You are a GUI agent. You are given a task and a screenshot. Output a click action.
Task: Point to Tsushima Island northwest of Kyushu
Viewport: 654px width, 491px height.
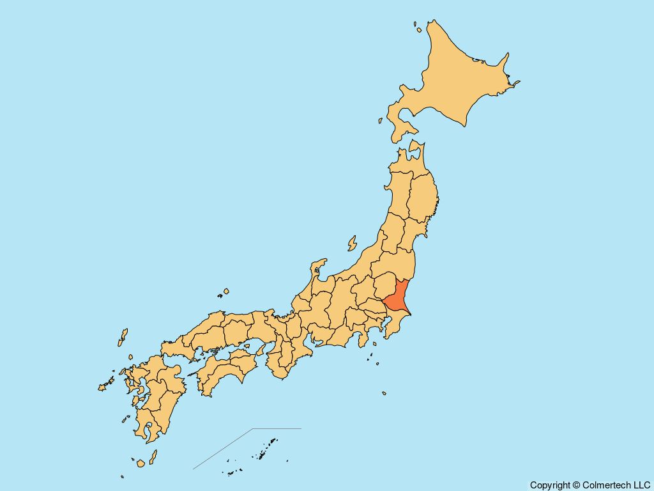[123, 337]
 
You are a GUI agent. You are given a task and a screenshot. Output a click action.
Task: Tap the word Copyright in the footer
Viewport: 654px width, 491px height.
[550, 485]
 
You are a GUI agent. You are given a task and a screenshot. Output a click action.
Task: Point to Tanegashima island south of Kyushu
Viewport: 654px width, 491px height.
[153, 456]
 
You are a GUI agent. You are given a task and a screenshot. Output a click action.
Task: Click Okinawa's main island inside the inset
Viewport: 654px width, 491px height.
[271, 442]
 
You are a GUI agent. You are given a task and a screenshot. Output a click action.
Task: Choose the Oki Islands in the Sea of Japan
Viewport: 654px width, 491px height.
[224, 292]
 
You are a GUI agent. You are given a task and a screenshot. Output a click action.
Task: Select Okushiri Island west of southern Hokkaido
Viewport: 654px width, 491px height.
[380, 120]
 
